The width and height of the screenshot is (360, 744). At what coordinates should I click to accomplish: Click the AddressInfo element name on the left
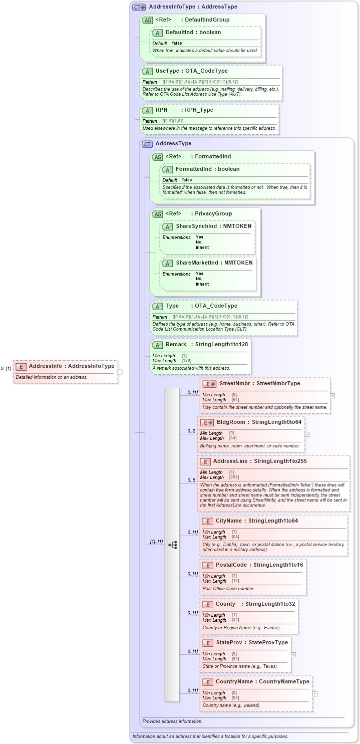point(45,366)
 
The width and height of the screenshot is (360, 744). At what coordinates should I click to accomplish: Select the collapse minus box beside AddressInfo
point(120,372)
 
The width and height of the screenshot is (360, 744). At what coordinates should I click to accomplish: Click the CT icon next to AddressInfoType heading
point(139,7)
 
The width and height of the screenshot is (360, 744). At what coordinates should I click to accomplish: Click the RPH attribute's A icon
point(147,110)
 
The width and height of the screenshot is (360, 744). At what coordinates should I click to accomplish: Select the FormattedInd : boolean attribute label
point(207,169)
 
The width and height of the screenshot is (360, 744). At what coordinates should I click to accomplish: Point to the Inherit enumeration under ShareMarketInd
point(202,284)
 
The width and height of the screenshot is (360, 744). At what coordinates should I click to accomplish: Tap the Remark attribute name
point(176,344)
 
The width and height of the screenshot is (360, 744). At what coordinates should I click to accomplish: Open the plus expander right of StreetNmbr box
point(332,395)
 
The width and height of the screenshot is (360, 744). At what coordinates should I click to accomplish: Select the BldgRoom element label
point(231,422)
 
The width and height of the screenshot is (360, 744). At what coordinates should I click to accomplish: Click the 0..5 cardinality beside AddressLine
point(191,480)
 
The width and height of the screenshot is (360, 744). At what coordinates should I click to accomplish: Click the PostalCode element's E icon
point(207,565)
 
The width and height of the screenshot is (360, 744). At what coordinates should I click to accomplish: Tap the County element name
point(225,604)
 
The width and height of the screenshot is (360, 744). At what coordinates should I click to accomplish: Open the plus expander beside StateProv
point(293,654)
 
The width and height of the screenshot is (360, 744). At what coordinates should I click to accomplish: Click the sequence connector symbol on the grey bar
point(172,545)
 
